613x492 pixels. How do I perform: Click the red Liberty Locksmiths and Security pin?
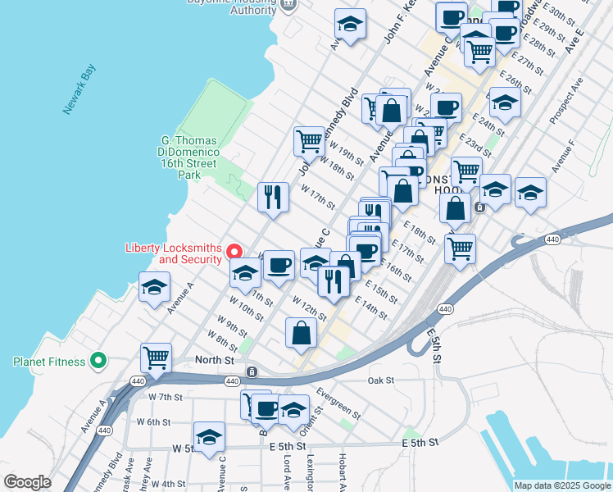click(x=234, y=252)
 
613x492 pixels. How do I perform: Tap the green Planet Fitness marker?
click(x=98, y=360)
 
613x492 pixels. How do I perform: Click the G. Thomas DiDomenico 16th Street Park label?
click(x=188, y=157)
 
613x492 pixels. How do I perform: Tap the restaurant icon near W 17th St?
click(x=273, y=196)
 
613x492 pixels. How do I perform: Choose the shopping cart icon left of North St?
click(x=156, y=357)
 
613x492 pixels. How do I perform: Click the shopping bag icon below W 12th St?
click(x=302, y=331)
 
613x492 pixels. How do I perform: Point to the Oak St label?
click(x=381, y=380)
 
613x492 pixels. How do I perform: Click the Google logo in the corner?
click(x=27, y=482)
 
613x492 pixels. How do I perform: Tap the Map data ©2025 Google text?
click(x=561, y=485)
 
